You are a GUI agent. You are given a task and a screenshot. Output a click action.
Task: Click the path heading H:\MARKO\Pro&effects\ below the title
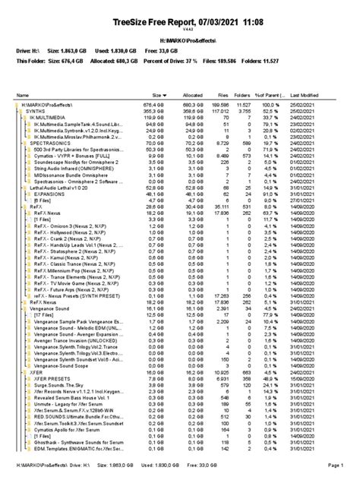tap(179, 38)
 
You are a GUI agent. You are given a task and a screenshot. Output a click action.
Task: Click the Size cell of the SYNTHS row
tap(157, 110)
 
